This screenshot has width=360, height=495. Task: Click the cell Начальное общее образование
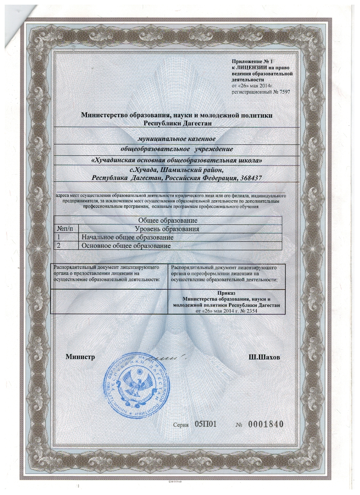pyautogui.click(x=128, y=238)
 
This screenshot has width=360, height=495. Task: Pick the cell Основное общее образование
pyautogui.click(x=126, y=246)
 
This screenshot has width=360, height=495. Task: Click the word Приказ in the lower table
pyautogui.click(x=226, y=293)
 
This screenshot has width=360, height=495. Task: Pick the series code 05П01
pyautogui.click(x=206, y=424)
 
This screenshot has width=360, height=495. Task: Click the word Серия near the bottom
pyautogui.click(x=181, y=425)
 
